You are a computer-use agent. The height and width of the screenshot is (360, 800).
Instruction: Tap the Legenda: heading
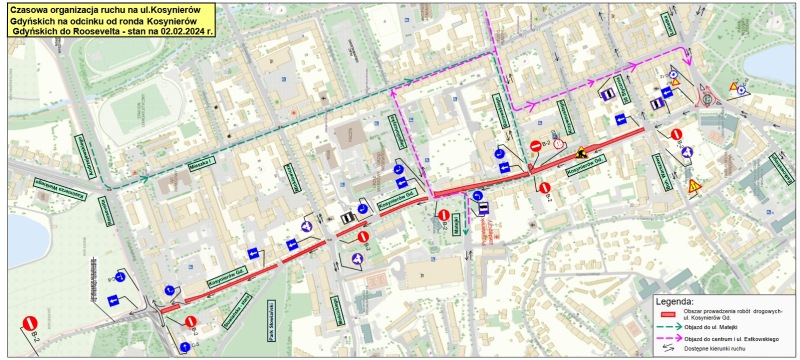pos(673,300)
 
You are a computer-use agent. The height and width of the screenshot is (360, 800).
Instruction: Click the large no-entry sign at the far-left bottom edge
pos(30,325)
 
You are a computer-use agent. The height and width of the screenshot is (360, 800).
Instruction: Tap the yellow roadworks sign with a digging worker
pos(581,153)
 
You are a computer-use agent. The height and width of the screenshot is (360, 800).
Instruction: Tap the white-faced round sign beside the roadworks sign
pos(559,144)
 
